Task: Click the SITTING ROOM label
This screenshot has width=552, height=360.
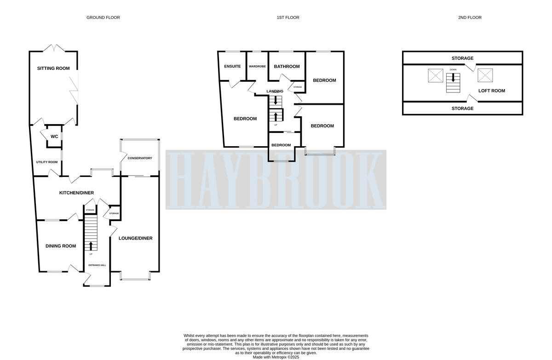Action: pyautogui.click(x=53, y=69)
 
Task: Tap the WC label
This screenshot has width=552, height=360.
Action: pyautogui.click(x=54, y=137)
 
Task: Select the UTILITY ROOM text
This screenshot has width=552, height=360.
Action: pyautogui.click(x=47, y=162)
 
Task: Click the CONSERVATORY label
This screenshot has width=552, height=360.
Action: pyautogui.click(x=140, y=158)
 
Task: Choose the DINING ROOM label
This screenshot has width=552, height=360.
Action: pyautogui.click(x=61, y=246)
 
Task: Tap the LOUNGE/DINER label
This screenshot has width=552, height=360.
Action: pyautogui.click(x=135, y=238)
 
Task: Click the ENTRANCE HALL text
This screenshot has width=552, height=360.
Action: pyautogui.click(x=97, y=265)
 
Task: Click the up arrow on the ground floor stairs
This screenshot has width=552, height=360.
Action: pyautogui.click(x=91, y=246)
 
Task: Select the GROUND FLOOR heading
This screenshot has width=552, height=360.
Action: pyautogui.click(x=103, y=17)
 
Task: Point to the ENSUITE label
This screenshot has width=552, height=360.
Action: pyautogui.click(x=232, y=66)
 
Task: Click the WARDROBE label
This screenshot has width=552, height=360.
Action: pyautogui.click(x=257, y=67)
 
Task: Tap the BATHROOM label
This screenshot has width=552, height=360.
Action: pyautogui.click(x=287, y=66)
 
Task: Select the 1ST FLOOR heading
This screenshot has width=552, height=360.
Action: pyautogui.click(x=288, y=17)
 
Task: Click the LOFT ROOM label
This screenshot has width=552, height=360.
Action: pyautogui.click(x=491, y=91)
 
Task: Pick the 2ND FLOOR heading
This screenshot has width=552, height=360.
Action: pyautogui.click(x=470, y=17)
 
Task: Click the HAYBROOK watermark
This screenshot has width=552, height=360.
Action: pyautogui.click(x=276, y=180)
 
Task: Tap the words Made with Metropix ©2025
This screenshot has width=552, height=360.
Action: pyautogui.click(x=276, y=357)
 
